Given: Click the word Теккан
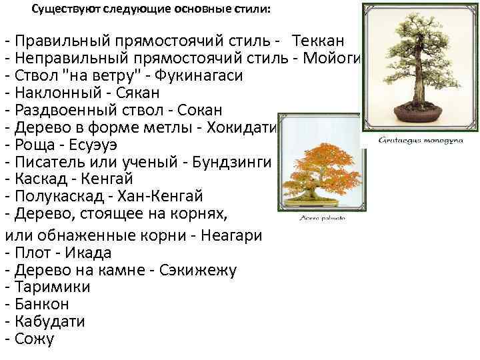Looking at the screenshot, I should [x=318, y=40].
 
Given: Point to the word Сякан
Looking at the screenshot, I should [x=123, y=92].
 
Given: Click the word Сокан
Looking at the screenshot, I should [x=213, y=109].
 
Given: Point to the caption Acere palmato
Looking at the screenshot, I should [x=321, y=218].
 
